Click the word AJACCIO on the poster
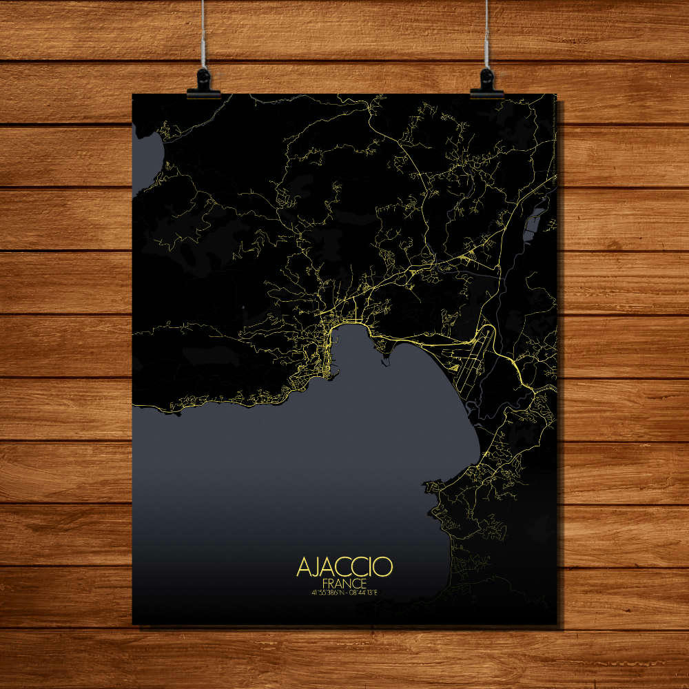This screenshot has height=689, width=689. point(344,566)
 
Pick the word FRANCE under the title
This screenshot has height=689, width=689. point(344,582)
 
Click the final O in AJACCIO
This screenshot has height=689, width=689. point(384,566)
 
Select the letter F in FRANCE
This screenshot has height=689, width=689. point(325,582)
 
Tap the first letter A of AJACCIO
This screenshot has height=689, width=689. point(303,566)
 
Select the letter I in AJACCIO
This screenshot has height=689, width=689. point(370,566)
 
